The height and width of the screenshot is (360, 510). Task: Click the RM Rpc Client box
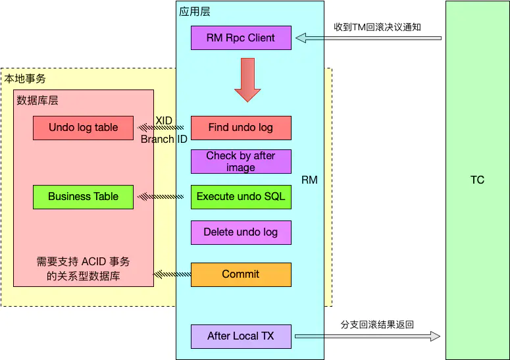(241, 38)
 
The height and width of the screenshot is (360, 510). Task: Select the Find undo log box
(241, 128)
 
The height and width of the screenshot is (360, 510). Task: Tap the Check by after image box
(241, 162)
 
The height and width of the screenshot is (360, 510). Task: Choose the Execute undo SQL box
(241, 197)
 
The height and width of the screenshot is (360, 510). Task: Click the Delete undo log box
(241, 232)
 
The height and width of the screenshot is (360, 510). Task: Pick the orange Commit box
(241, 274)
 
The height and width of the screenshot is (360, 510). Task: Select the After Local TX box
(241, 336)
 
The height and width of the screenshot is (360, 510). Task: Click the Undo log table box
(84, 128)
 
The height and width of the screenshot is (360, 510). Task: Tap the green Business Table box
(84, 197)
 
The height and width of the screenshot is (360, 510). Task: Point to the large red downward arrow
(247, 80)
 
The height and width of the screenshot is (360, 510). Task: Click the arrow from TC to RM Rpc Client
(368, 38)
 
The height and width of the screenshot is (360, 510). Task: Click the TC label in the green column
(477, 180)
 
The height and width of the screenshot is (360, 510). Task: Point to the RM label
(309, 180)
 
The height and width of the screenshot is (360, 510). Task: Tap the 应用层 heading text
(195, 12)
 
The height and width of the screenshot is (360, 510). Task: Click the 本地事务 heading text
(25, 78)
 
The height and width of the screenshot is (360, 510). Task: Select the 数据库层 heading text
(38, 100)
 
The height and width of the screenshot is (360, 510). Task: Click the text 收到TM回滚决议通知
(377, 27)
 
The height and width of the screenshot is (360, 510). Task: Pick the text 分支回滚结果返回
(377, 325)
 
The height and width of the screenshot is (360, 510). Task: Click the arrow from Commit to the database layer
(172, 274)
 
